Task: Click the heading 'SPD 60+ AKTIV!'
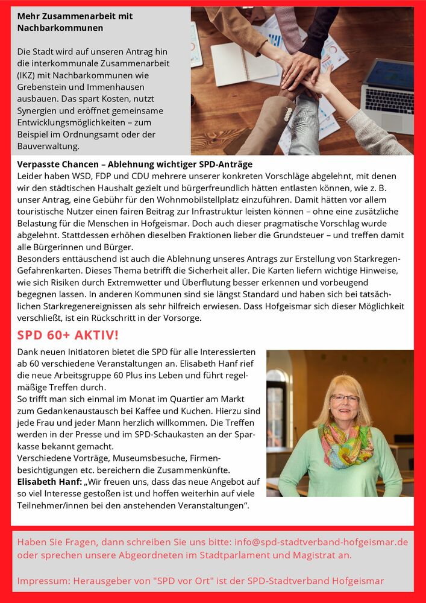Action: pyautogui.click(x=68, y=335)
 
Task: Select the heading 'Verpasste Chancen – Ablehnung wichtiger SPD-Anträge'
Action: pyautogui.click(x=134, y=164)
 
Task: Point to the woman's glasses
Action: pyautogui.click(x=345, y=399)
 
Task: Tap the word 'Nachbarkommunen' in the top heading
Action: pyautogui.click(x=60, y=28)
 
